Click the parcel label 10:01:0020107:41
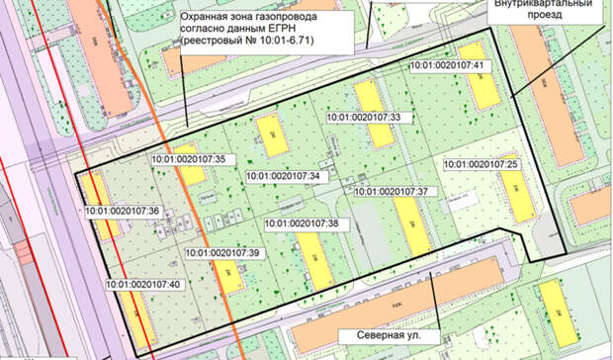coord(450,66)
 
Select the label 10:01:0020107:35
coord(190,158)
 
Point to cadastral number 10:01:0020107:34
coord(283,176)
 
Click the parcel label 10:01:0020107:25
coord(482,163)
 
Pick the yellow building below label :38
coord(314,258)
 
